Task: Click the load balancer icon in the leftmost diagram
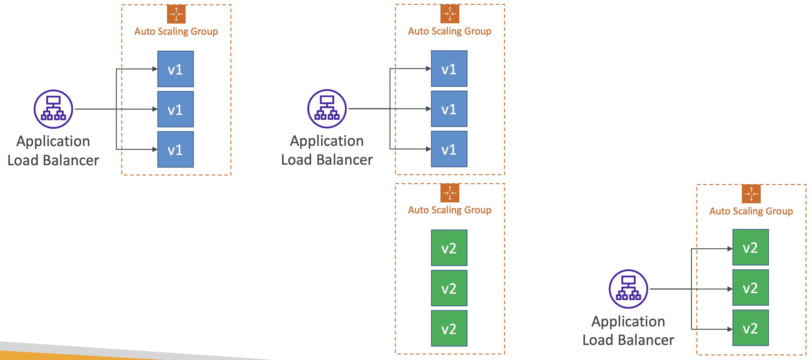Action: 53,109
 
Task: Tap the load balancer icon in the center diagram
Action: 327,109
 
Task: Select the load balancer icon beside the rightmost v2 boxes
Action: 628,289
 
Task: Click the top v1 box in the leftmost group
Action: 176,69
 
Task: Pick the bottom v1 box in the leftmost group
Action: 176,149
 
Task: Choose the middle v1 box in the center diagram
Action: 449,109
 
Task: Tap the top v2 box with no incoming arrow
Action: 449,248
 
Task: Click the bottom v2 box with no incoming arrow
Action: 449,328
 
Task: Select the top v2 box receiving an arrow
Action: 750,247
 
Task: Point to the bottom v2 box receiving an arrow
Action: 750,328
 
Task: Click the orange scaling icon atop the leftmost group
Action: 176,14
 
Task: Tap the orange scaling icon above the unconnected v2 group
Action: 450,193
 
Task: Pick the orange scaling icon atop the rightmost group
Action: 751,194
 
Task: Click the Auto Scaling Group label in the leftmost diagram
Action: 176,32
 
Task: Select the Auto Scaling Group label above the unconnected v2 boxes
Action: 450,210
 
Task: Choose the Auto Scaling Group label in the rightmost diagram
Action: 751,211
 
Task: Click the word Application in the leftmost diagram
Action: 53,141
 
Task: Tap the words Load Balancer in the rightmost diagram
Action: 628,340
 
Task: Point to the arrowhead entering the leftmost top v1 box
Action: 155,69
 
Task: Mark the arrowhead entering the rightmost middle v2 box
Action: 730,289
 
